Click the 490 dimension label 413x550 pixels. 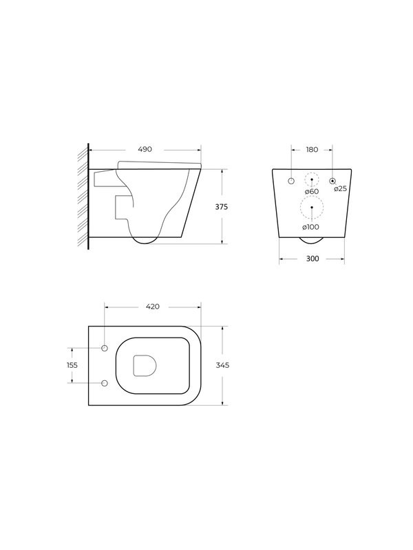click(x=145, y=149)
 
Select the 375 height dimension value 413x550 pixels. click(x=221, y=207)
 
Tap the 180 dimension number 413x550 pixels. click(x=312, y=150)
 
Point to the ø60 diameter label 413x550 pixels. click(x=312, y=192)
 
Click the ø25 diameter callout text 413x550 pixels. click(x=340, y=188)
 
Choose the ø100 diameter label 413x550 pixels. click(x=311, y=227)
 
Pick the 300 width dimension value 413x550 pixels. click(x=313, y=259)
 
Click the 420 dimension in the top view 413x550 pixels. click(x=153, y=307)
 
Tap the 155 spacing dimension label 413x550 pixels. click(x=72, y=365)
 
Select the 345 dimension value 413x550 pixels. click(x=222, y=365)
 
